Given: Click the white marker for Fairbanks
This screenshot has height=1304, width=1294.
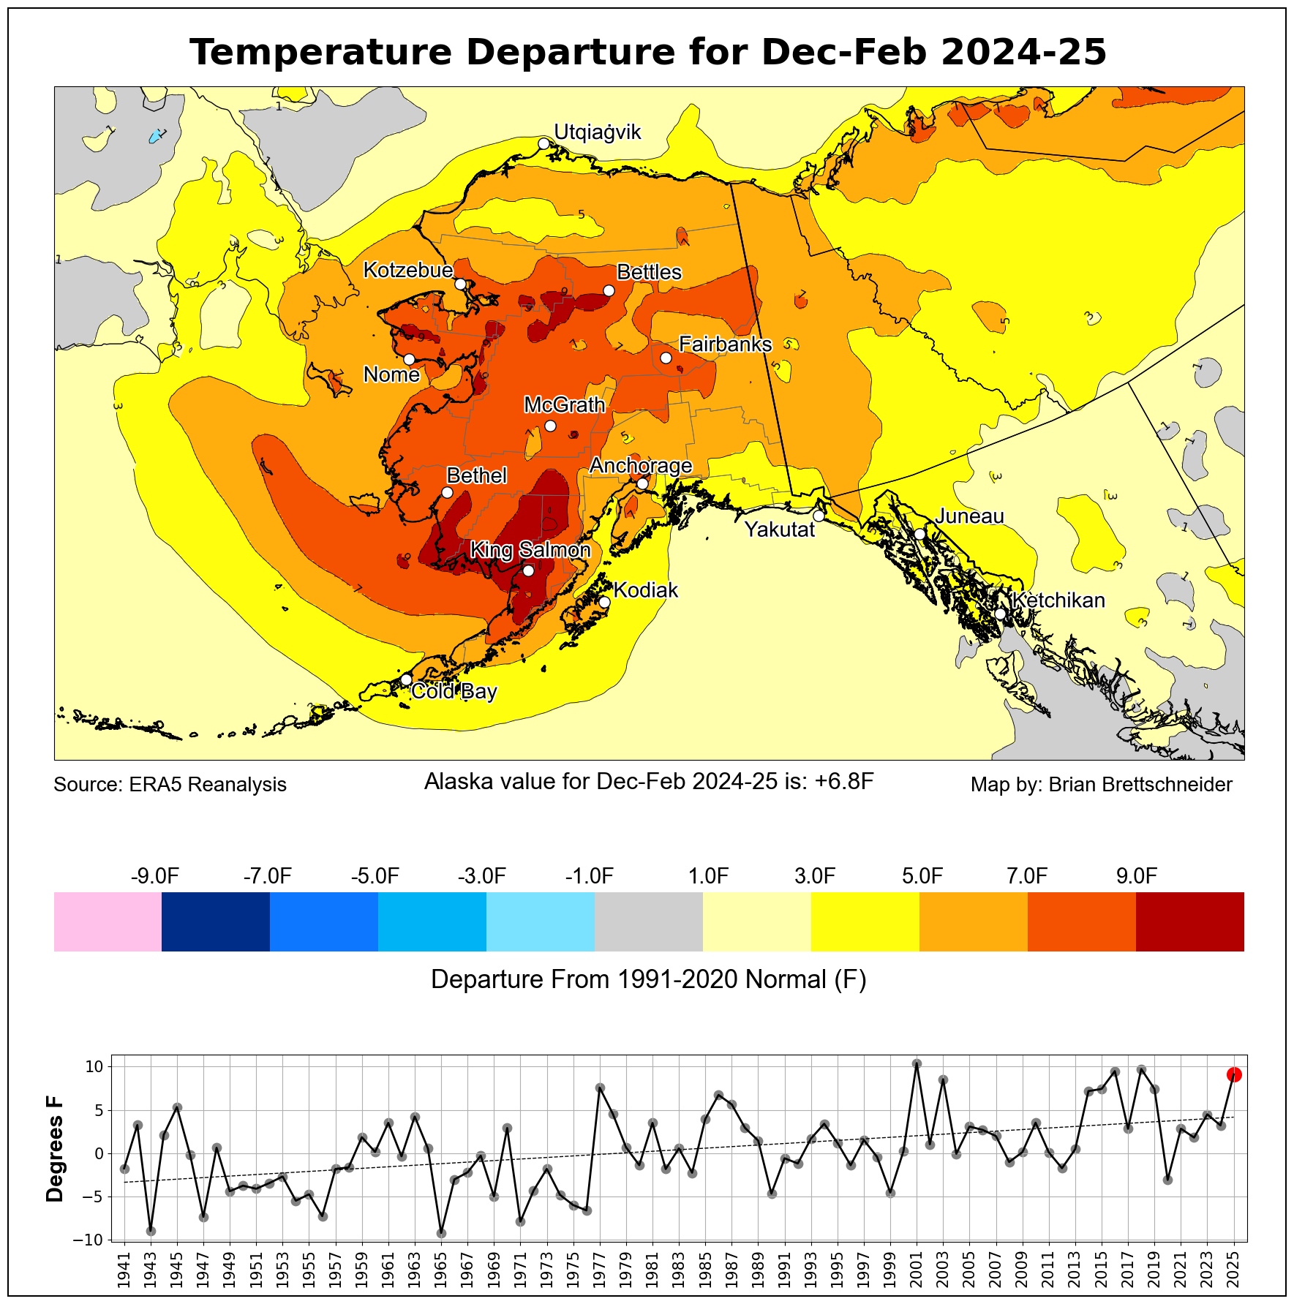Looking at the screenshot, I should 666,358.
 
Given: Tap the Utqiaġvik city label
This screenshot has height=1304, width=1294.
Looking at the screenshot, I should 597,132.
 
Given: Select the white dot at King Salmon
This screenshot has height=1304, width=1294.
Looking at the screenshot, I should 528,570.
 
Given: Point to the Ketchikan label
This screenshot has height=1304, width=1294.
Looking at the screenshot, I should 1058,600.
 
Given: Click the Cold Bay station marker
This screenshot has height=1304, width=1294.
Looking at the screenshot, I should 406,679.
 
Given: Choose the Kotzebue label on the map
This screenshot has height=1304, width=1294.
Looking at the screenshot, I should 408,270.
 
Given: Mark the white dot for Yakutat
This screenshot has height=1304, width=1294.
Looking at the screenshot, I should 819,516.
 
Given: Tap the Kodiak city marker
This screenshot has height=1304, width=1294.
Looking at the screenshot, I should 604,602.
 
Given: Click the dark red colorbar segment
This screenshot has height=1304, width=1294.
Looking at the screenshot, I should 1189,922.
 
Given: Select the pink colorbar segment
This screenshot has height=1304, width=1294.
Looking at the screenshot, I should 108,922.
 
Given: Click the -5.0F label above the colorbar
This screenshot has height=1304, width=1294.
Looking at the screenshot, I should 375,876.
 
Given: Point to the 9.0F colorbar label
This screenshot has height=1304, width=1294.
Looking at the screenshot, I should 1136,876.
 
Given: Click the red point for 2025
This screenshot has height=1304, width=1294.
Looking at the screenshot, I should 1234,1074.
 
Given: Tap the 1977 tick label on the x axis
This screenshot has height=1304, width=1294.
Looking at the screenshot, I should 600,1272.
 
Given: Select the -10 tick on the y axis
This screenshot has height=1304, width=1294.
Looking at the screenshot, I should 92,1240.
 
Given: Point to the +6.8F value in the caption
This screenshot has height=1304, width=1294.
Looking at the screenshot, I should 844,782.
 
